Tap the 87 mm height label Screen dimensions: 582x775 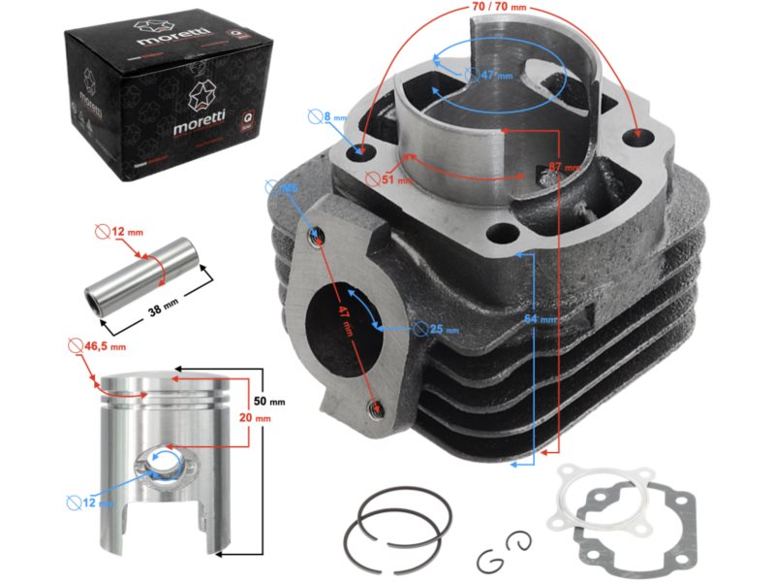point(559,167)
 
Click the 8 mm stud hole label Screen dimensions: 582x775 point(333,117)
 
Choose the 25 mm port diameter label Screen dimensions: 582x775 point(442,329)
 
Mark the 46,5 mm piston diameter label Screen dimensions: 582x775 point(105,346)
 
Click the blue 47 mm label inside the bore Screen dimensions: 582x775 point(476,75)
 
